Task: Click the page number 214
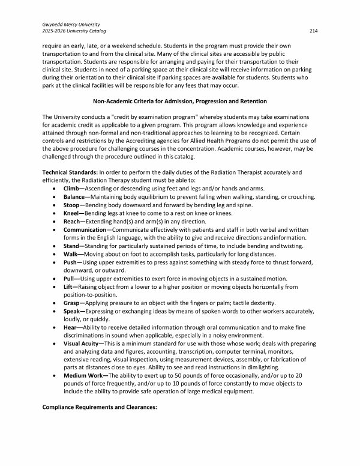(313, 31)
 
